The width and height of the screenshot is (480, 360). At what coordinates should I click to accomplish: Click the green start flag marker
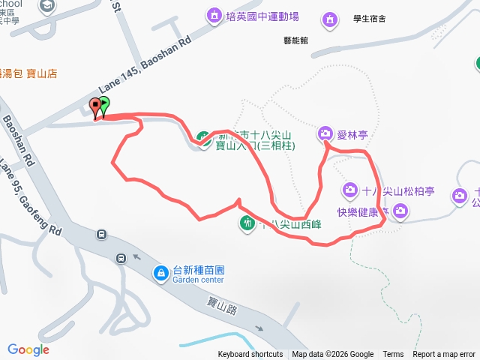(x=103, y=106)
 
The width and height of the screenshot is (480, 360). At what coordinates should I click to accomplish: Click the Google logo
(x=28, y=349)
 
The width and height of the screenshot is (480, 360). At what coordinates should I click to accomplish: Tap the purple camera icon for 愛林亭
(x=325, y=133)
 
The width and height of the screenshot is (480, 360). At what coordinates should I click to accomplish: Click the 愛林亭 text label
(x=350, y=134)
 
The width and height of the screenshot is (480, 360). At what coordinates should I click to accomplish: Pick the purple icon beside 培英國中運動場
(x=214, y=16)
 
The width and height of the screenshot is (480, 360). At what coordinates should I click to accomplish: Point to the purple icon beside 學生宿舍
(x=328, y=19)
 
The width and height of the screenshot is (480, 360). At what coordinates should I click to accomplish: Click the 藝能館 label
(x=296, y=42)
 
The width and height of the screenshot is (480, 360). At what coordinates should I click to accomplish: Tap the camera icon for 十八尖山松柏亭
(x=349, y=189)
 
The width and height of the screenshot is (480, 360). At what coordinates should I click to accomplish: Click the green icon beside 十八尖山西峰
(x=247, y=222)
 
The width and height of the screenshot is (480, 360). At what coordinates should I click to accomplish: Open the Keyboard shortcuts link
(x=250, y=355)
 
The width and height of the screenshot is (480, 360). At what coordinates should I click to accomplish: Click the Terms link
(x=393, y=355)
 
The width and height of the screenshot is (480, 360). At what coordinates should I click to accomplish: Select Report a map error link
(x=444, y=355)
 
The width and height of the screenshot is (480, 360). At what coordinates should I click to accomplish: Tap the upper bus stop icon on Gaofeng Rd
(x=101, y=235)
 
